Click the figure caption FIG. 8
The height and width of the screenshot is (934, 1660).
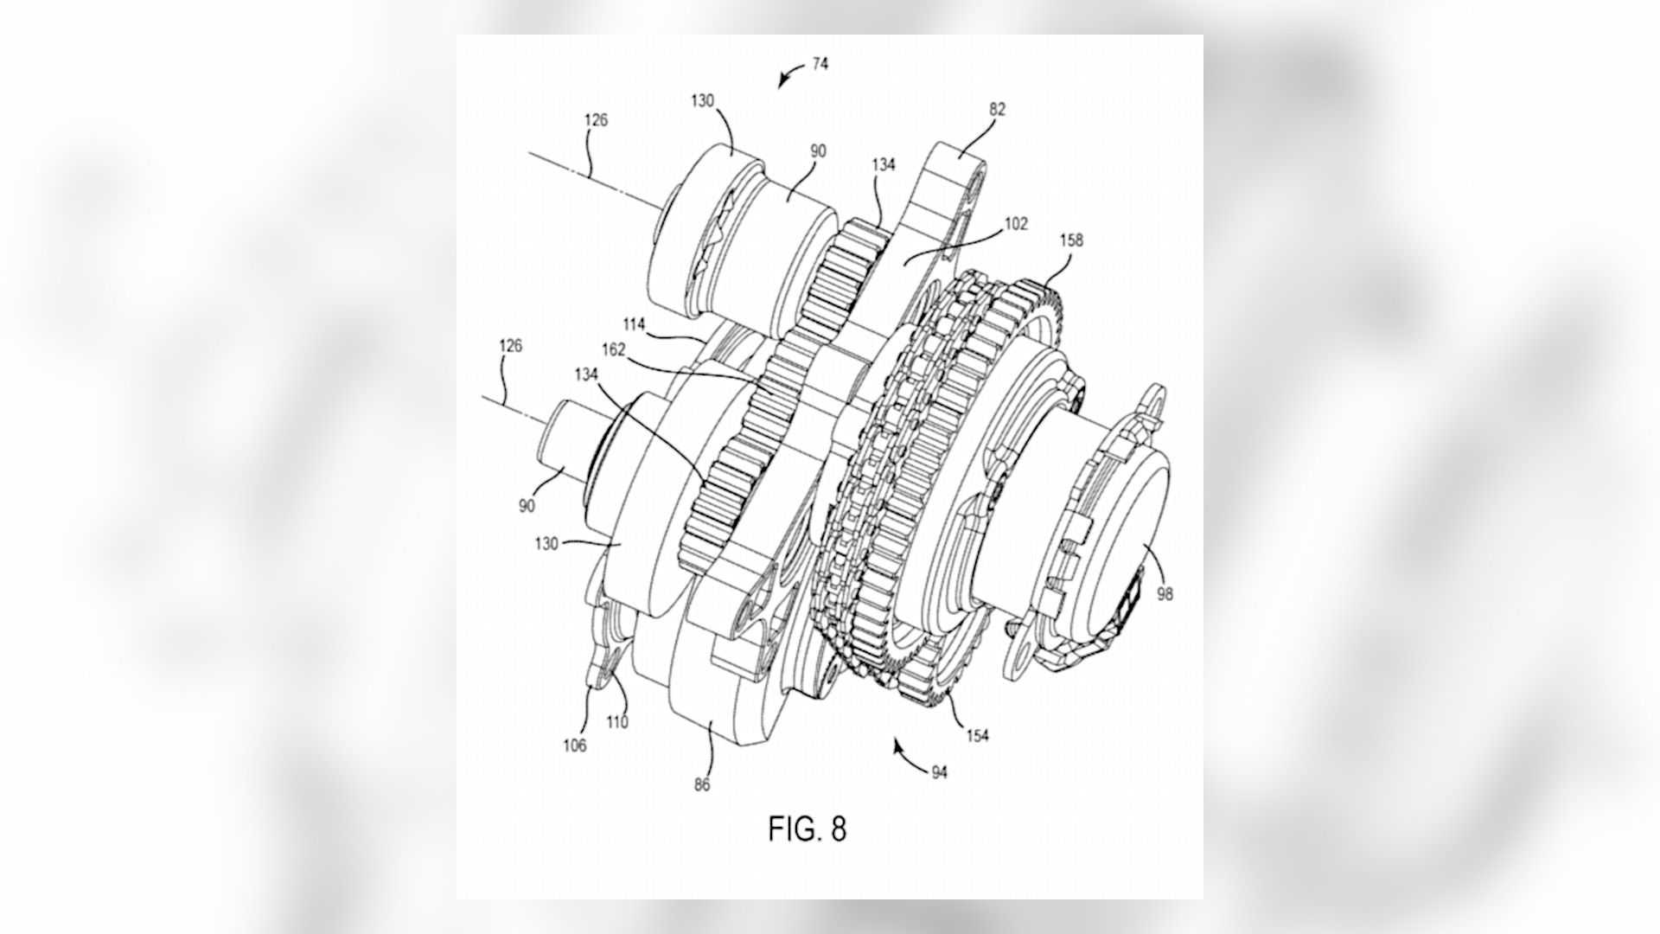coord(807,828)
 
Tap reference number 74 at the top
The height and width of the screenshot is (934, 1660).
coord(820,64)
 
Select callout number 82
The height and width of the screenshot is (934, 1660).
coord(997,110)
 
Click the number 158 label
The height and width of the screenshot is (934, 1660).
coord(1070,240)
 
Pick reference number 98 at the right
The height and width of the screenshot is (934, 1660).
coord(1165,594)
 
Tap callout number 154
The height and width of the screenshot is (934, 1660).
coord(977,736)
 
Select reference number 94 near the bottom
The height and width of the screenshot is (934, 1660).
coord(939,771)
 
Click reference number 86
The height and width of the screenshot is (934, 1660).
coord(701,784)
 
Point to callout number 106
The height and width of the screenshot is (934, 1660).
coord(575,745)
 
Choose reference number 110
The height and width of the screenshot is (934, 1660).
coord(616,722)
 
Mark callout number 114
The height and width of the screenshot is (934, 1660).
coord(634,324)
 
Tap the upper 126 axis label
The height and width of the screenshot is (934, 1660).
coord(596,120)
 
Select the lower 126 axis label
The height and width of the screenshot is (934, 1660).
coord(510,346)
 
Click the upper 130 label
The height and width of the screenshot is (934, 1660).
coord(702,100)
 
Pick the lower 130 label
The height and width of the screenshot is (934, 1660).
coord(546,544)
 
